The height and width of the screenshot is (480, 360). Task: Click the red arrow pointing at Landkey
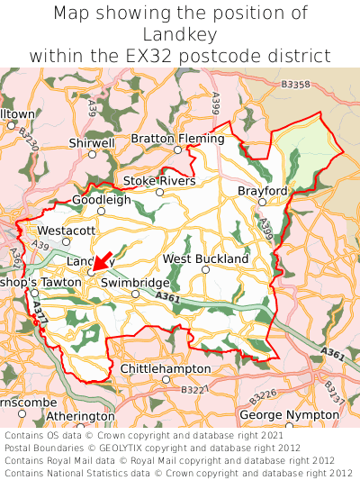(x=102, y=262)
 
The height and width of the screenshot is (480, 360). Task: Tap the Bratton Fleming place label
(x=177, y=139)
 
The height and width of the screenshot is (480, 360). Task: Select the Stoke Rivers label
(x=159, y=181)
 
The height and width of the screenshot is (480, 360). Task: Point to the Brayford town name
(x=262, y=192)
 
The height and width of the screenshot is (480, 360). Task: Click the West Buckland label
(x=205, y=258)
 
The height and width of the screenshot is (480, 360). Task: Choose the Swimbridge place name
(x=135, y=282)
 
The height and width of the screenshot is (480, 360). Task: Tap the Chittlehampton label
(x=166, y=369)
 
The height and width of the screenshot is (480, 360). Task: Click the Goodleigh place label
(x=101, y=200)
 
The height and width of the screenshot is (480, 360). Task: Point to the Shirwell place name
(x=92, y=142)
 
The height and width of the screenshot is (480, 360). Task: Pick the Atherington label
(x=80, y=416)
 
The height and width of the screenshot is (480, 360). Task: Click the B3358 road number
(x=295, y=84)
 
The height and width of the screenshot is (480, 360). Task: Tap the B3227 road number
(x=193, y=389)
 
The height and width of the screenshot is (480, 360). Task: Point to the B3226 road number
(x=263, y=394)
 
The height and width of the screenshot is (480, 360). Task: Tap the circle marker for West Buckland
(x=205, y=270)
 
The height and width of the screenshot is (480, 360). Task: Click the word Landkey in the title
(x=180, y=34)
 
